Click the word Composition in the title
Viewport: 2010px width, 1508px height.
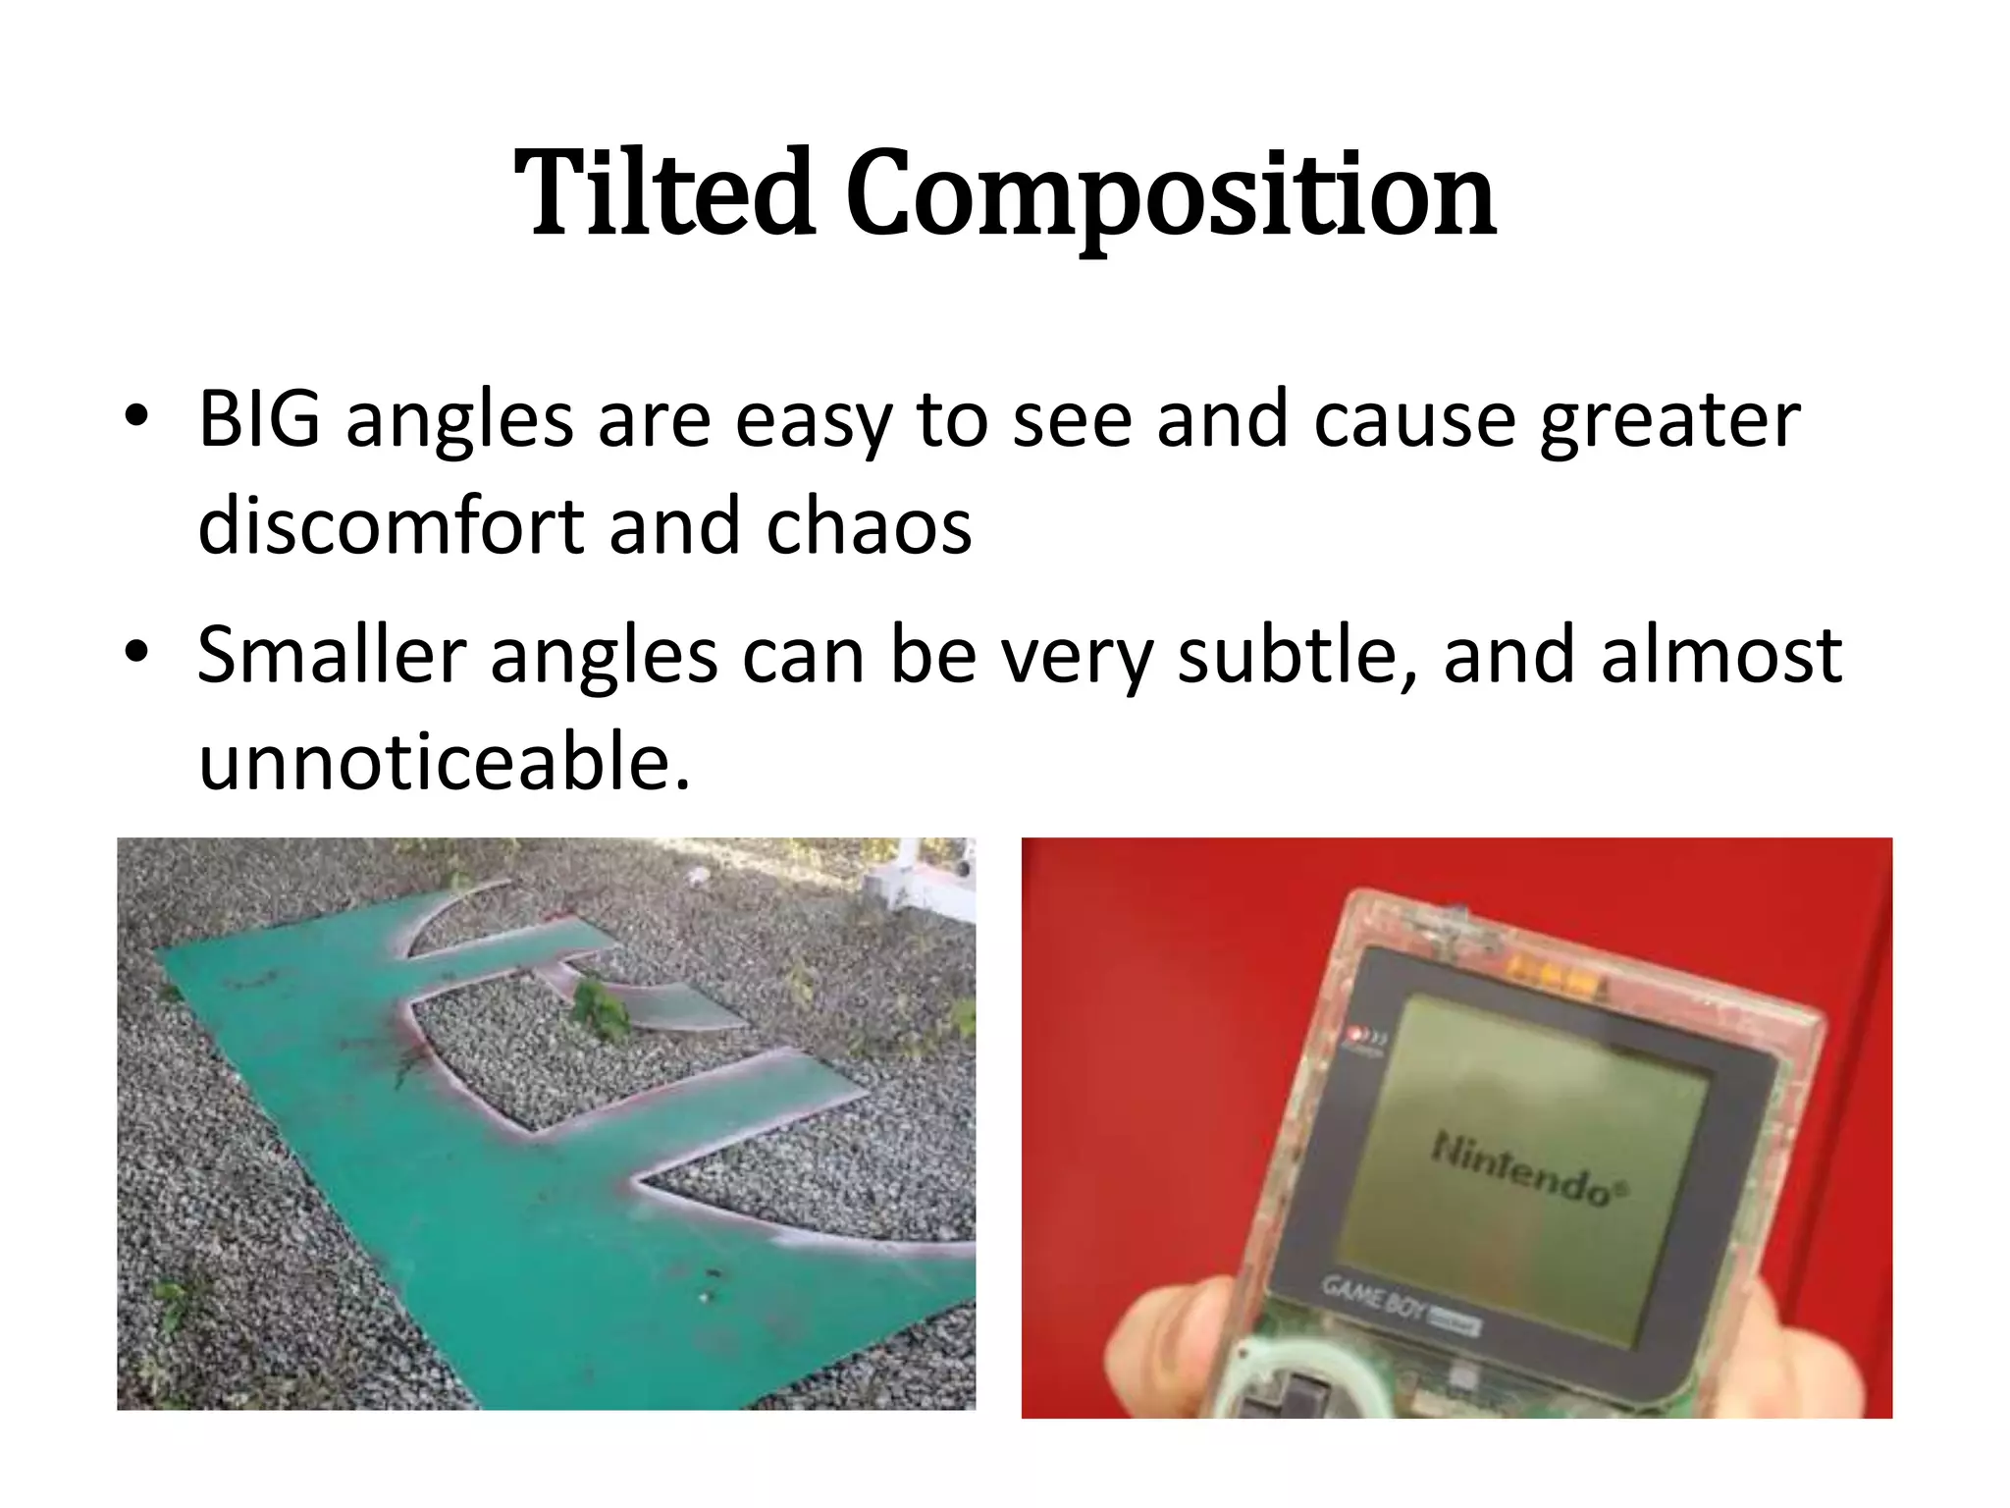1170,196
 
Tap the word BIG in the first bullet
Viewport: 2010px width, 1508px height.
258,419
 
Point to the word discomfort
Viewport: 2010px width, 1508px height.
390,526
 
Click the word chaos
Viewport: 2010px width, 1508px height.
869,527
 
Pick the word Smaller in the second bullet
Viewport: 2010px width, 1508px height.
331,655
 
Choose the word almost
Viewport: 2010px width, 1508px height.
1720,655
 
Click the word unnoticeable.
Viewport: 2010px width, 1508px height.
444,762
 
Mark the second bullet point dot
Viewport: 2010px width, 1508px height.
136,651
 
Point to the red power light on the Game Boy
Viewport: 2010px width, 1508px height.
1358,1033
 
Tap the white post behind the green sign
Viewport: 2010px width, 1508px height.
908,874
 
